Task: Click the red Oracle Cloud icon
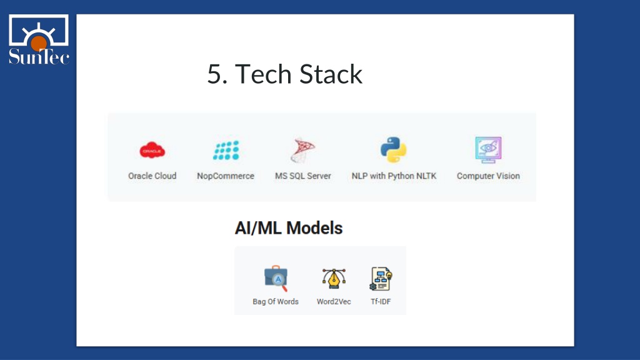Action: pyautogui.click(x=152, y=150)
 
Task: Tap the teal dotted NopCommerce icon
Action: pyautogui.click(x=226, y=150)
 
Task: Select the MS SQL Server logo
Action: pyautogui.click(x=303, y=150)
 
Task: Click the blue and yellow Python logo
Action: pyautogui.click(x=394, y=150)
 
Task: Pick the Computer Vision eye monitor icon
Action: pyautogui.click(x=488, y=150)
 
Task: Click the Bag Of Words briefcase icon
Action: pyautogui.click(x=276, y=278)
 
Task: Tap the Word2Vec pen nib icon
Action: pyautogui.click(x=334, y=278)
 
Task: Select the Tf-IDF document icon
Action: pyautogui.click(x=381, y=279)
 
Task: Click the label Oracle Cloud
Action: pyautogui.click(x=152, y=176)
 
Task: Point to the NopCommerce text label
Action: pyautogui.click(x=226, y=176)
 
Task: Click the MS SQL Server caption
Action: pyautogui.click(x=303, y=176)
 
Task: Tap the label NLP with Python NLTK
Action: pyautogui.click(x=394, y=176)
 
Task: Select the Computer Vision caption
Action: pyautogui.click(x=488, y=176)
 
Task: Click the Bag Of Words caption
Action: pyautogui.click(x=276, y=302)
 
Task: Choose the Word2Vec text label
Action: pyautogui.click(x=334, y=302)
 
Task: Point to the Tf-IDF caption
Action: pyautogui.click(x=381, y=302)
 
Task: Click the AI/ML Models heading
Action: pyautogui.click(x=289, y=228)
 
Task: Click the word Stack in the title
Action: pyautogui.click(x=331, y=74)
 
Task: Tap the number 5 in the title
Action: pyautogui.click(x=215, y=74)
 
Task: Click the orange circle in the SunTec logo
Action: pyautogui.click(x=39, y=43)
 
